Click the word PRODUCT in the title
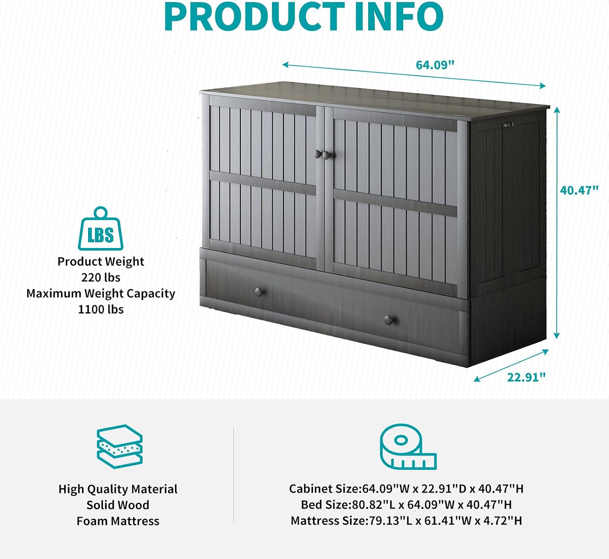pos(254,16)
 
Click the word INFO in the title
pos(399,16)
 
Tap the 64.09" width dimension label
pos(435,65)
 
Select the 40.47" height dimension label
pos(579,191)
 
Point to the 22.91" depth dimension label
pos(526,377)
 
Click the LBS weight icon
pos(101,229)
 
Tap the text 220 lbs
pos(101,277)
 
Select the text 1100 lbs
pos(101,310)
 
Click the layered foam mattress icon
pos(120,447)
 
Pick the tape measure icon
pos(408,447)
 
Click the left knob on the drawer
pos(259,292)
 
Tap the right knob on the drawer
pos(389,320)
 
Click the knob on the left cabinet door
pos(317,154)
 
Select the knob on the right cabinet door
pos(326,155)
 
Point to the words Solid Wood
pos(118,505)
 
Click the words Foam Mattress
pos(118,521)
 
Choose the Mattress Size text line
pos(406,521)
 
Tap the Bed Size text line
pos(406,505)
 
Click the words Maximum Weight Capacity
pos(101,293)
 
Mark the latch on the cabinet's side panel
pos(508,124)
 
